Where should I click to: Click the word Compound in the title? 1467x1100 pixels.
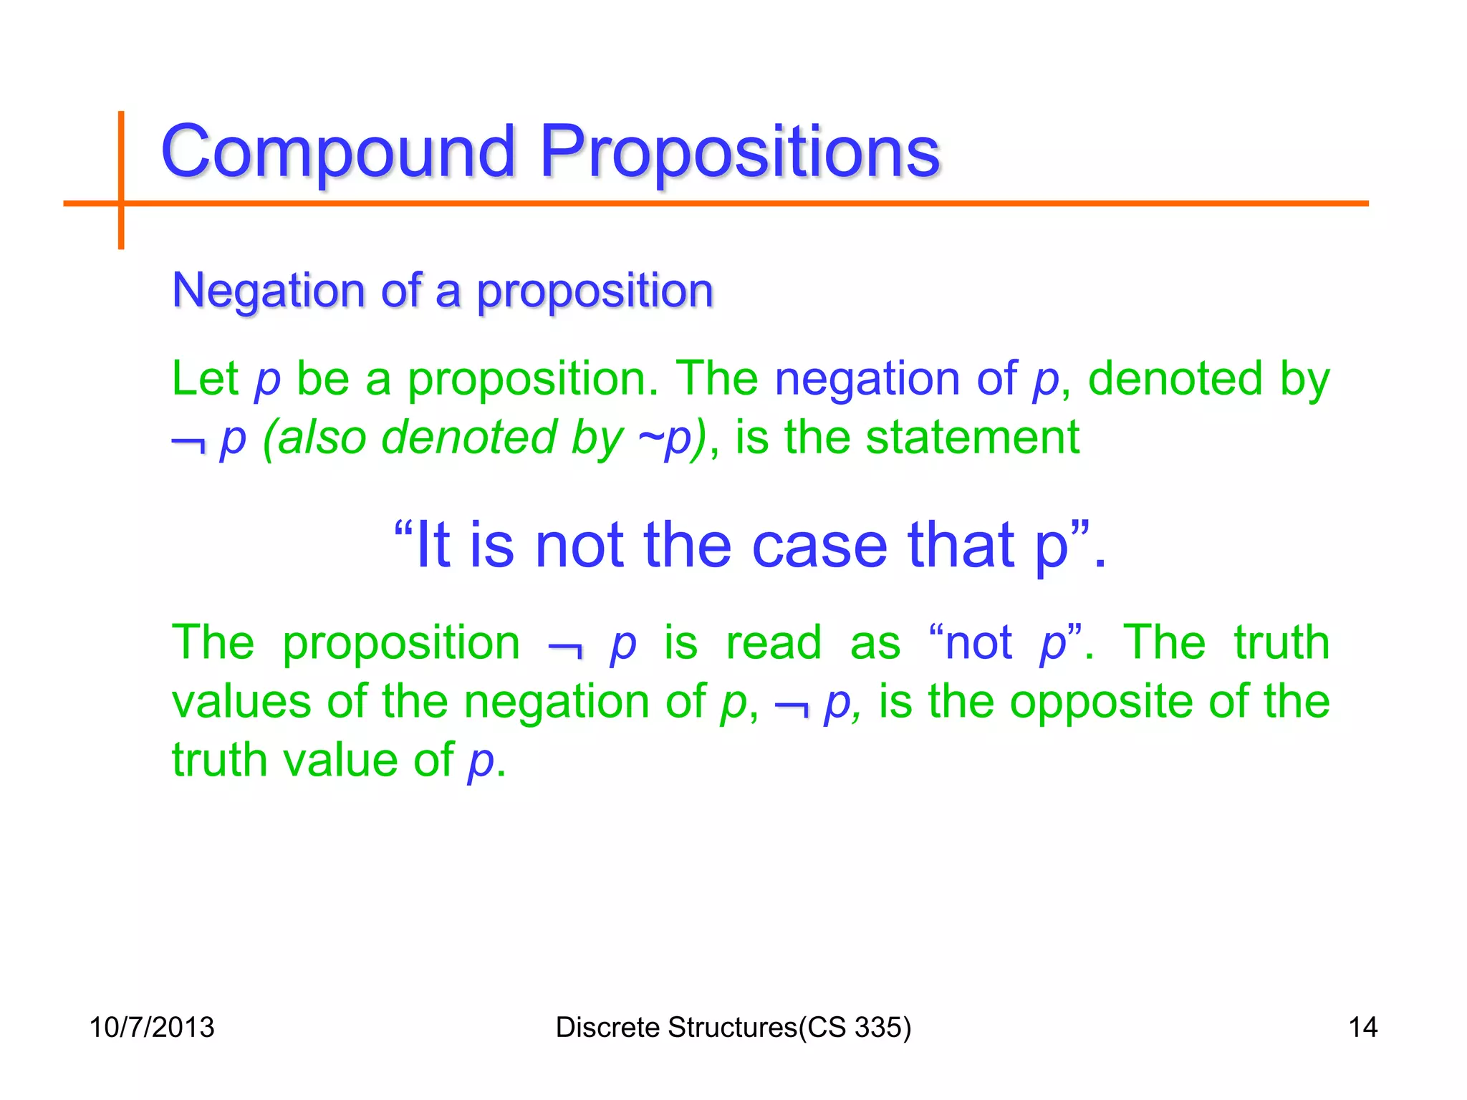337,152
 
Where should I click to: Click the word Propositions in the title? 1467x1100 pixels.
739,152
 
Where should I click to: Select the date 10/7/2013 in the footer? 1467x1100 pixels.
152,1027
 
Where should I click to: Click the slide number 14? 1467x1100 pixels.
1362,1027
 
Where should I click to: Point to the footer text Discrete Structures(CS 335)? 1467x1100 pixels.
733,1027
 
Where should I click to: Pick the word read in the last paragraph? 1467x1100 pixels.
774,642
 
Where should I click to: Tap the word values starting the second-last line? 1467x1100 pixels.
241,701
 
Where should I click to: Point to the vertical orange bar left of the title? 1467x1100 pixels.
121,180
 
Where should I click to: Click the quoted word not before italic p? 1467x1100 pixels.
978,642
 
